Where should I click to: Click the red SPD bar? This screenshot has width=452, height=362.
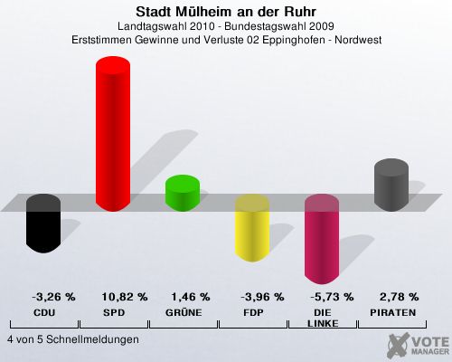113,134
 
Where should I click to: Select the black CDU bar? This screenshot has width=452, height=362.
43,224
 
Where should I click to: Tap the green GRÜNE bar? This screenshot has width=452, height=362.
183,193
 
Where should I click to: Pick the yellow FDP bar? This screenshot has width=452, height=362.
252,228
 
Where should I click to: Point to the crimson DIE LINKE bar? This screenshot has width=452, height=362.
322,239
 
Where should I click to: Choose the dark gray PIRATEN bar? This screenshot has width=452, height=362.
391,185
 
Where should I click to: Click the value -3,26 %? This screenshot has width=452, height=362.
53,297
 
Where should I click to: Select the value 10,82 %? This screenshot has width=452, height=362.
125,297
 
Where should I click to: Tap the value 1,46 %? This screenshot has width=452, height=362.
191,297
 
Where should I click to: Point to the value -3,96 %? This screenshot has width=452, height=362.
262,297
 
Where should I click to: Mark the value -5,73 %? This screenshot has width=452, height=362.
332,297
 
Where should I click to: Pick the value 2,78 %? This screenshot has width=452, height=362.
400,297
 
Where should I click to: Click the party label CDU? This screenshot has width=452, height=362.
44,313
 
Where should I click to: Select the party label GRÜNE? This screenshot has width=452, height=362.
184,312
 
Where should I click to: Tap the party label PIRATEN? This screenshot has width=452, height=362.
393,313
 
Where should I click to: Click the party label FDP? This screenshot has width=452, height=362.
253,313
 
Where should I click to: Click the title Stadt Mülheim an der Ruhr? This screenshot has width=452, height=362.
226,12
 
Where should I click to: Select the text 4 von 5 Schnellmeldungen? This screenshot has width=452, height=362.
73,339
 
